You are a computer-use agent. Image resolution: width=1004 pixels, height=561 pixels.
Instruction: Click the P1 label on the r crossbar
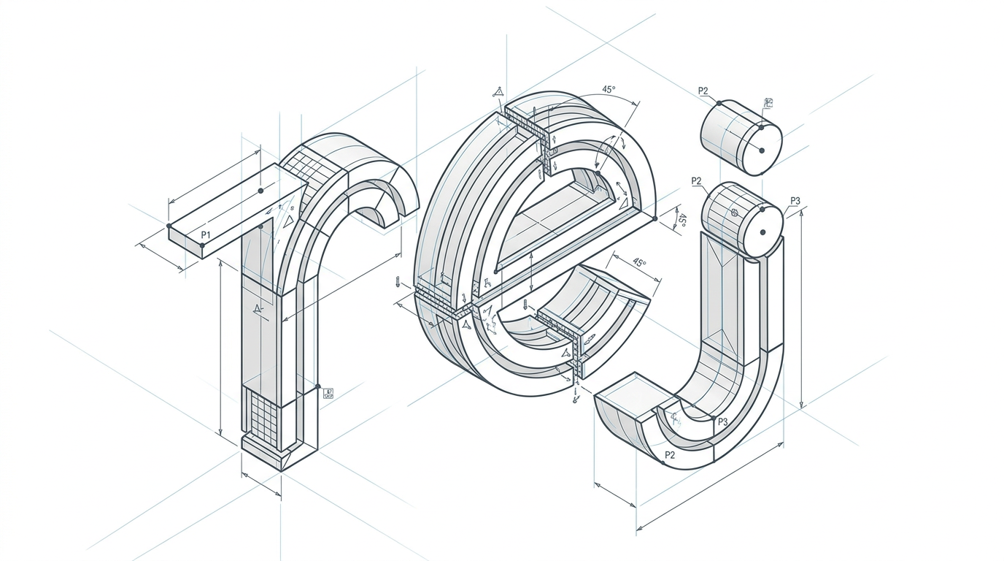click(x=205, y=234)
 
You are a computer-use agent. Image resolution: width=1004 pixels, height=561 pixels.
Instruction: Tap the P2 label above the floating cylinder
click(x=703, y=91)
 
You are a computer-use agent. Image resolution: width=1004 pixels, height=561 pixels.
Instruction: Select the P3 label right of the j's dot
click(x=795, y=201)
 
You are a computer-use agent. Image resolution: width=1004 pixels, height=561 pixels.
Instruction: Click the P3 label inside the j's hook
click(x=722, y=421)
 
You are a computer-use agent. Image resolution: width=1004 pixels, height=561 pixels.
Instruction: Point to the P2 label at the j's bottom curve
click(x=670, y=455)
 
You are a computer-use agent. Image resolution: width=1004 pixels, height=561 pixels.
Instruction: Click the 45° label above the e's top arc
click(x=609, y=89)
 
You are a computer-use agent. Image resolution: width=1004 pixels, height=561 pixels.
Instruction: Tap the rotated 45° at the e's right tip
click(x=681, y=221)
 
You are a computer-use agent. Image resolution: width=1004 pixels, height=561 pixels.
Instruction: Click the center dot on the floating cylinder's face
click(x=761, y=150)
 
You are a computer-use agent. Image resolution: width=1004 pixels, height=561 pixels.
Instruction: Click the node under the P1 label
click(x=202, y=245)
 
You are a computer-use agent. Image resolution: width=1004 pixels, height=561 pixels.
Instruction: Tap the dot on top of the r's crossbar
click(x=260, y=191)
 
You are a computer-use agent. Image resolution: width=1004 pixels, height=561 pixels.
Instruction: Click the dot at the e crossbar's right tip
click(x=655, y=218)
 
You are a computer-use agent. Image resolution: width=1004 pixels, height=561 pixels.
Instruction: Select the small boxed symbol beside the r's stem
click(x=328, y=393)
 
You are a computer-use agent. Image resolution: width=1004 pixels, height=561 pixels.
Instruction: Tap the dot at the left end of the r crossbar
click(x=169, y=226)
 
